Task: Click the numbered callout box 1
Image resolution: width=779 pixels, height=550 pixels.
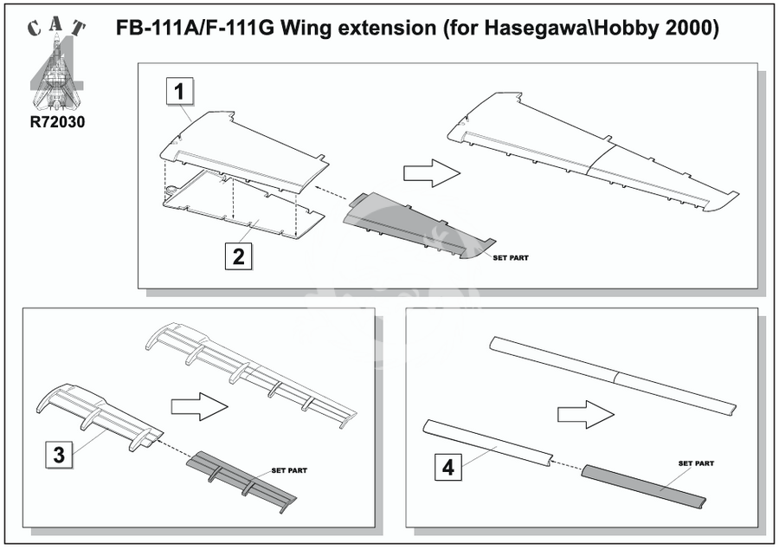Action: (179, 92)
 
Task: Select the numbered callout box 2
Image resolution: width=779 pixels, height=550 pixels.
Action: (239, 256)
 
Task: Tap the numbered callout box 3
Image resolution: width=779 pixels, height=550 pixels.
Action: (59, 455)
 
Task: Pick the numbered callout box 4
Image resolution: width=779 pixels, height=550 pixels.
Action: (448, 468)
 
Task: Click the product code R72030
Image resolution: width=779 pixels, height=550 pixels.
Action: (57, 122)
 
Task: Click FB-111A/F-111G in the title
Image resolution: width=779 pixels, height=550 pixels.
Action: (195, 28)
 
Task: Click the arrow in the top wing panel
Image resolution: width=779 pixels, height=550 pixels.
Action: (432, 173)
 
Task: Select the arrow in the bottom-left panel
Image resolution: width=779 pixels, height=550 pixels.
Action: (199, 406)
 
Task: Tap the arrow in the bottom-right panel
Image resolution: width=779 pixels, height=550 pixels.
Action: (586, 414)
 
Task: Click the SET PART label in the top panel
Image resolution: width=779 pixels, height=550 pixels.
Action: (511, 257)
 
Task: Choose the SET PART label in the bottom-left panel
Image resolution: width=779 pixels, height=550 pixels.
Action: (289, 470)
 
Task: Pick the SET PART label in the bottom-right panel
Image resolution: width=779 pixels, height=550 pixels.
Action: (696, 463)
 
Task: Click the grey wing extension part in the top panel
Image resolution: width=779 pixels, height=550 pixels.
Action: (417, 225)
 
